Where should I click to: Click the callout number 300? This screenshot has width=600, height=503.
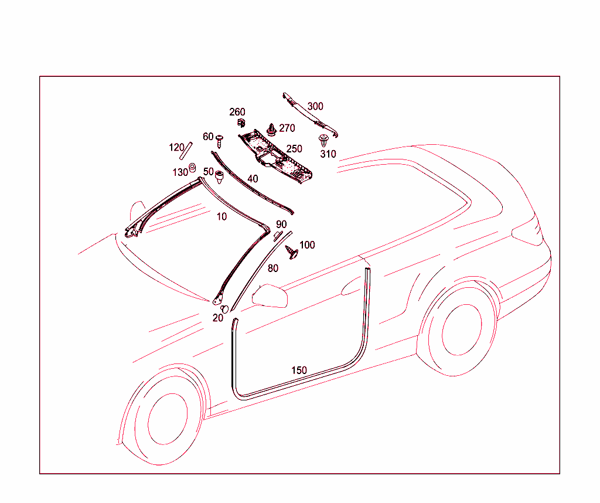click(x=315, y=107)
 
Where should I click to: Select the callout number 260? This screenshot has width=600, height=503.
click(x=237, y=112)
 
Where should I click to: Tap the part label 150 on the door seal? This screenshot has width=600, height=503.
click(x=299, y=370)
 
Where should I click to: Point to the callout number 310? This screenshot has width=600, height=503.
click(x=328, y=154)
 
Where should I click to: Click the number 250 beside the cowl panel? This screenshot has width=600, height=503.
click(x=294, y=148)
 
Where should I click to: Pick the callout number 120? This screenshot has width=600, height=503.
click(x=176, y=147)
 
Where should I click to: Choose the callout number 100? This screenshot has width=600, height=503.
click(x=307, y=245)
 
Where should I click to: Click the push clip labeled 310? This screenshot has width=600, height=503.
click(x=323, y=141)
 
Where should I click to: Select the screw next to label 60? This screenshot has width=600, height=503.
click(x=219, y=141)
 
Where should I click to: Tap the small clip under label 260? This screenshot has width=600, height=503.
click(x=241, y=123)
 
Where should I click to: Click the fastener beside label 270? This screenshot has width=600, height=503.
click(x=272, y=130)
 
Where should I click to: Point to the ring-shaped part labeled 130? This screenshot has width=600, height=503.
click(x=192, y=167)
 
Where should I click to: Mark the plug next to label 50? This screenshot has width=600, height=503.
click(x=219, y=177)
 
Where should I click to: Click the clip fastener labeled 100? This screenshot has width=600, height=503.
click(x=292, y=252)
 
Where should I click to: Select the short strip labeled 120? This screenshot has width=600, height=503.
click(x=186, y=151)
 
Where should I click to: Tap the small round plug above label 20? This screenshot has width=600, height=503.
click(x=225, y=308)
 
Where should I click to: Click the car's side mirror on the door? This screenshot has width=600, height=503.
click(x=270, y=296)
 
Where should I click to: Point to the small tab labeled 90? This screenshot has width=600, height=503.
click(x=277, y=236)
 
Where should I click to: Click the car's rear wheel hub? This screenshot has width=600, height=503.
click(x=462, y=329)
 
